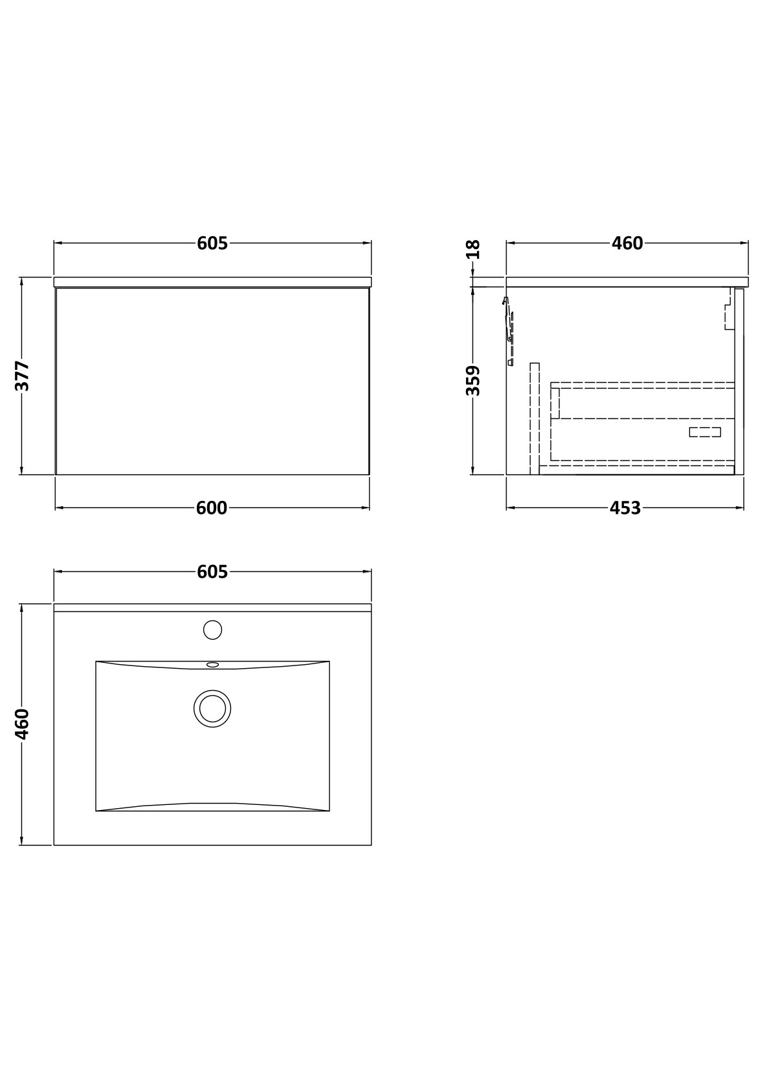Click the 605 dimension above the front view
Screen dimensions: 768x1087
(x=212, y=243)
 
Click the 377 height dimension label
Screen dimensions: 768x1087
(x=23, y=376)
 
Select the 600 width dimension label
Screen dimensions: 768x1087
(x=212, y=508)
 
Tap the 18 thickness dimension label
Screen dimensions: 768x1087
(x=474, y=249)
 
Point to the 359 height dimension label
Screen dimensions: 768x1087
(x=474, y=381)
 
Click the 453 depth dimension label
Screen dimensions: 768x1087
(x=625, y=508)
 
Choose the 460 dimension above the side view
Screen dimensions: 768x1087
(x=627, y=243)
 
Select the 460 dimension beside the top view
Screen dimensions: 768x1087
(x=23, y=724)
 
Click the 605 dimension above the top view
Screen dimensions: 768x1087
(x=212, y=572)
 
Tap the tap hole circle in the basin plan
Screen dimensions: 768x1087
(x=212, y=630)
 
